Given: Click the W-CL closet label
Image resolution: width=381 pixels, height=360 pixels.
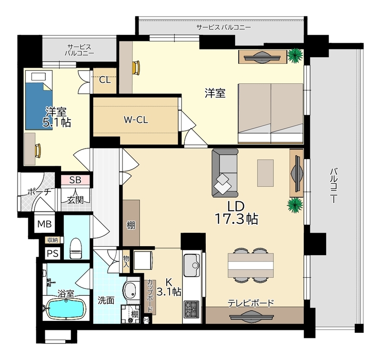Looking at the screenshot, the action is (136, 120).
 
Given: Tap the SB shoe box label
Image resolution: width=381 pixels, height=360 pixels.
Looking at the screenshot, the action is (75, 180).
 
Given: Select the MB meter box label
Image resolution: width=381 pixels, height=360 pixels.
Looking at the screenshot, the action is (44, 224).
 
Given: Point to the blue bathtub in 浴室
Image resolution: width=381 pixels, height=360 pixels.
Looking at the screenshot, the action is (66, 309).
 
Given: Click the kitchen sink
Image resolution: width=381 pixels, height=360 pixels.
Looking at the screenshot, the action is (192, 266).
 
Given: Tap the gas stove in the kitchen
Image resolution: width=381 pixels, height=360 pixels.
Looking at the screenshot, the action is (192, 310).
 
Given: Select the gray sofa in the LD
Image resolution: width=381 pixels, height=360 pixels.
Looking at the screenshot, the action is (225, 173).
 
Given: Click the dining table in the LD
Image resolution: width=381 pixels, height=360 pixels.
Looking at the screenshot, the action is (251, 265).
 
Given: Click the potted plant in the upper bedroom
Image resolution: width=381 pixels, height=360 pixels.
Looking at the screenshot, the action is (295, 56).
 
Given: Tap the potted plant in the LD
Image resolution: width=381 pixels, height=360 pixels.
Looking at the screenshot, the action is (295, 206).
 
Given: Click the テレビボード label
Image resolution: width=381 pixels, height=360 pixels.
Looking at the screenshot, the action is (251, 303).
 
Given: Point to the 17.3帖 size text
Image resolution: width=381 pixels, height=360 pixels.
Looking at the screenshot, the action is (236, 219).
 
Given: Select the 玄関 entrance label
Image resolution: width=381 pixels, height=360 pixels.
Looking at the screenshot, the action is (75, 200).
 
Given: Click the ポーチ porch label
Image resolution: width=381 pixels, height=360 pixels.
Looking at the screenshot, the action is (39, 191).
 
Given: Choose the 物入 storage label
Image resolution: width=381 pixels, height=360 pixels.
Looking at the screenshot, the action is (126, 261).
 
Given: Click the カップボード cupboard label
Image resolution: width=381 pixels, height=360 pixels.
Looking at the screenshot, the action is (150, 296).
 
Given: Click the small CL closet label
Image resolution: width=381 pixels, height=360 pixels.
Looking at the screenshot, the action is (105, 80).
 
